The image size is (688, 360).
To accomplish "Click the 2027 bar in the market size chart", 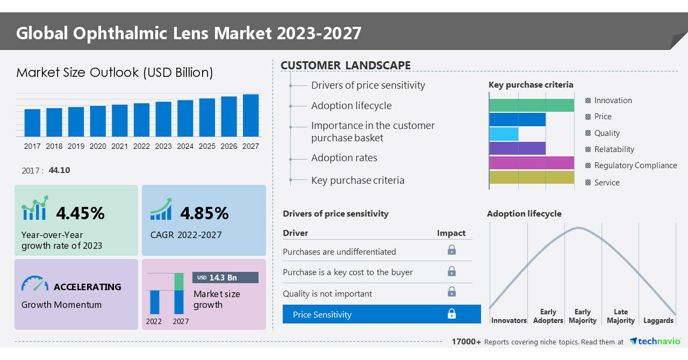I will coord(250,116).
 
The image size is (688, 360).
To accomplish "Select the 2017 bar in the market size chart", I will coord(32,123).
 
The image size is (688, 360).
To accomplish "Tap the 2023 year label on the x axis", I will coord(163,146).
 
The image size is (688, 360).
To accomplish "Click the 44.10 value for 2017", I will coord(59,170).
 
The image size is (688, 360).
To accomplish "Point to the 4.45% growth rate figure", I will coord(80,213).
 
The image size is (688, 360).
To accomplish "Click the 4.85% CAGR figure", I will coord(204,213).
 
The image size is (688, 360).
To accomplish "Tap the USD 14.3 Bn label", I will coord(225,277).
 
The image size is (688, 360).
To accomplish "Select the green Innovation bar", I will coord(532,105).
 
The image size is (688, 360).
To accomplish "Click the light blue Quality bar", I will coord(504,134).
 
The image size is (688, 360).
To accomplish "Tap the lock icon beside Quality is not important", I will coord(451,292).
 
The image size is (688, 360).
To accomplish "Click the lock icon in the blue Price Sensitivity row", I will coord(451,314).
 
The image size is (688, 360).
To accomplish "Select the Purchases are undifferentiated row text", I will coord(339,251).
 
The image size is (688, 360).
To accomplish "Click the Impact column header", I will coord(451,233).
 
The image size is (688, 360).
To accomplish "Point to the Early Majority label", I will coord(583,316).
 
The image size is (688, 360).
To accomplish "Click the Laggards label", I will coord(658,320).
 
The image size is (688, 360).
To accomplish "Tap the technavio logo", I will coord(655,341).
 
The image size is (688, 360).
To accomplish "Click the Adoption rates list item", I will coord(344,158).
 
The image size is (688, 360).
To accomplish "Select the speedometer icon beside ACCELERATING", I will coord(35,284).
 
